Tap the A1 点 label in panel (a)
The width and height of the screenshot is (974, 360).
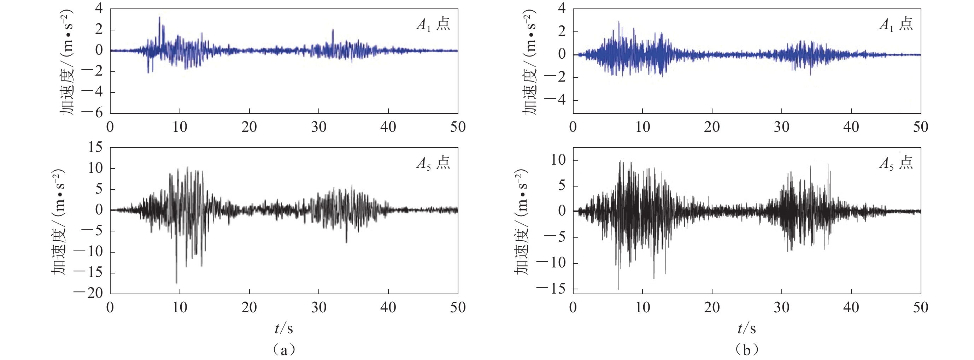[433, 25]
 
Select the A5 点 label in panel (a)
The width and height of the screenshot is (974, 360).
[433, 163]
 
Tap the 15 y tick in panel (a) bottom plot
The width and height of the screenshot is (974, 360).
[95, 147]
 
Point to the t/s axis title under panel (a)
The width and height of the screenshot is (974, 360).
[283, 328]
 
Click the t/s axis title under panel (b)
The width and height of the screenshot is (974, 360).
[746, 328]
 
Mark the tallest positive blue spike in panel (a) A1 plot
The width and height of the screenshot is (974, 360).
[159, 17]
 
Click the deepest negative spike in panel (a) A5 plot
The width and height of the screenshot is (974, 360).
[177, 283]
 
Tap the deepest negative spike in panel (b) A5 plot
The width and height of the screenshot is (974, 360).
[618, 289]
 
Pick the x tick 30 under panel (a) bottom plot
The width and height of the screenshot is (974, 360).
[319, 307]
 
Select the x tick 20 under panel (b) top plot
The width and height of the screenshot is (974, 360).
[712, 127]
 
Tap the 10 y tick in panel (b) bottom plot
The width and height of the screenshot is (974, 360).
[558, 160]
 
